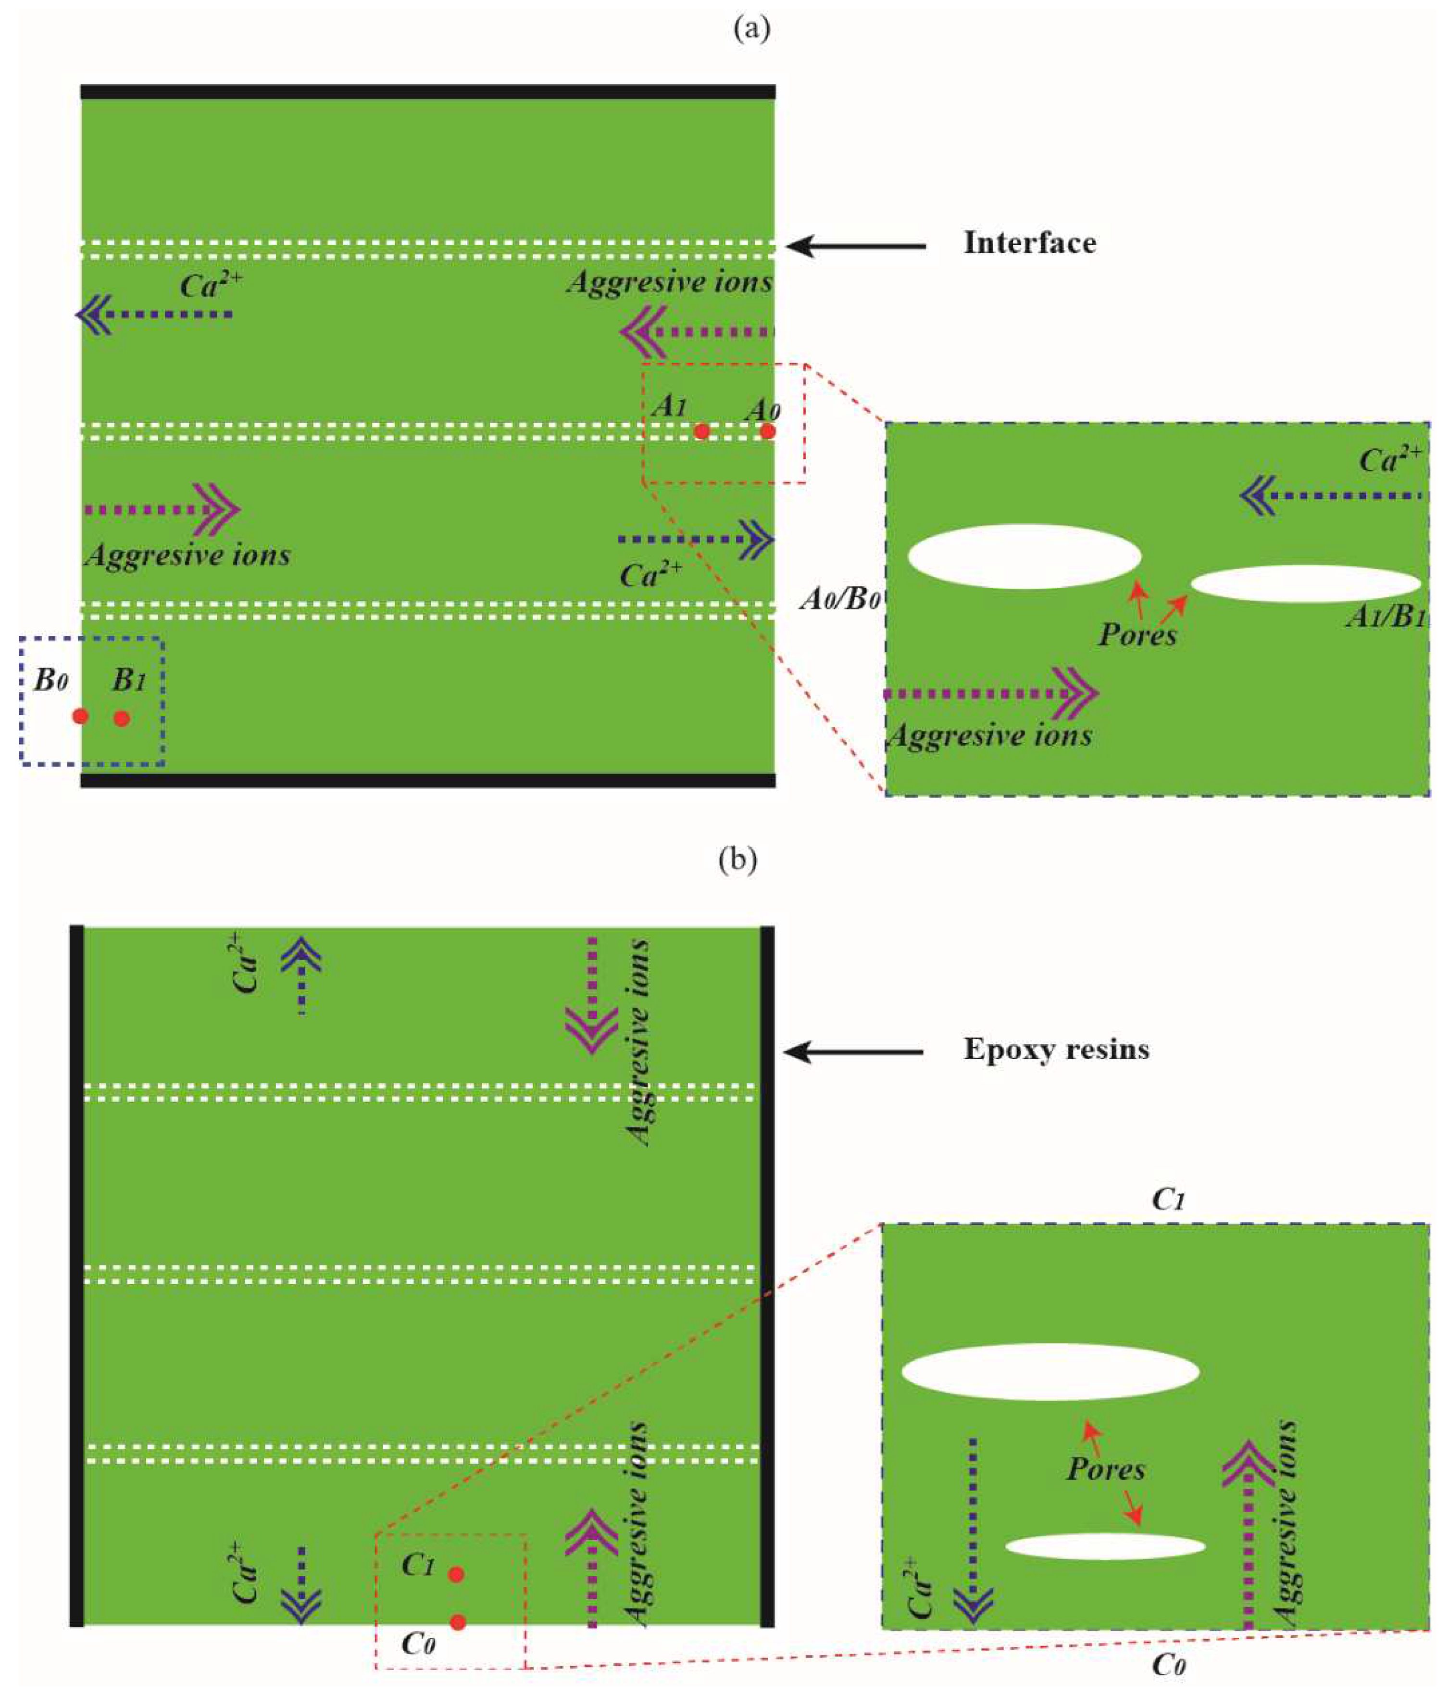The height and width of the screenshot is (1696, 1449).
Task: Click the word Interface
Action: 1029,243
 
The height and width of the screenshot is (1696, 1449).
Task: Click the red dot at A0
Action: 767,430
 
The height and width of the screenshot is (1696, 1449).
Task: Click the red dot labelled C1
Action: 457,1574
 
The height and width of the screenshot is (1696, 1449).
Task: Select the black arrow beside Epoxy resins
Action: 853,1052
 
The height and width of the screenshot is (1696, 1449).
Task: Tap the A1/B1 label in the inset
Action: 1385,616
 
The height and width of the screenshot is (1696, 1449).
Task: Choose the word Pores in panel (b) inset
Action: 1105,1469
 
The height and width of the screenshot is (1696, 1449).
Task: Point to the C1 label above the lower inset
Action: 1168,1200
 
